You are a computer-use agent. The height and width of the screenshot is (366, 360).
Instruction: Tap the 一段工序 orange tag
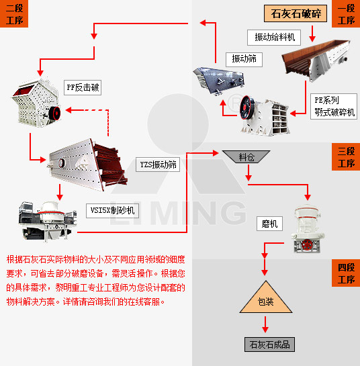[x=346, y=13]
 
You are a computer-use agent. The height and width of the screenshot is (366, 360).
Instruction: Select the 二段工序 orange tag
[x=14, y=13]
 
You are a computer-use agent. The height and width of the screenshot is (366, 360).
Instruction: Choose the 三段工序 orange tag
[x=346, y=156]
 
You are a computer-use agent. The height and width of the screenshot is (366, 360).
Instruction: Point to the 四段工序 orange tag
[x=346, y=273]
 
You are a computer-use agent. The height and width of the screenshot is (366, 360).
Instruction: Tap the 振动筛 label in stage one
[x=244, y=59]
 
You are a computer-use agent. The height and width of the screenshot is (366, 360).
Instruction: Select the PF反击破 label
[x=83, y=87]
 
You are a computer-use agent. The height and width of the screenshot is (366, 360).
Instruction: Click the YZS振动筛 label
[x=159, y=164]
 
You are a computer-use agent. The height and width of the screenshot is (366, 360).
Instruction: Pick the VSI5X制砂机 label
[x=113, y=210]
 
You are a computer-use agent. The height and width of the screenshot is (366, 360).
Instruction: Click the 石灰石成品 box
[x=269, y=345]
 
